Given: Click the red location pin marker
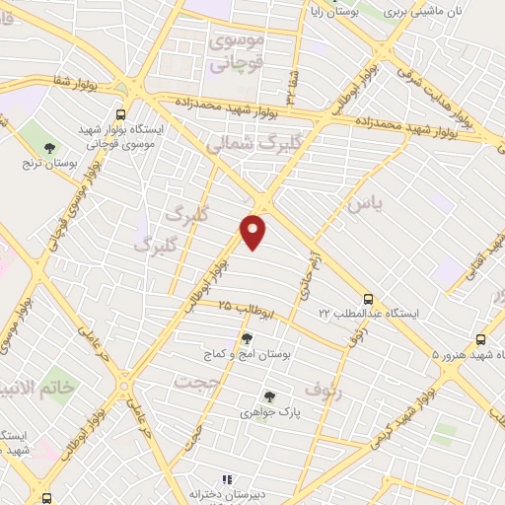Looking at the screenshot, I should [253, 232].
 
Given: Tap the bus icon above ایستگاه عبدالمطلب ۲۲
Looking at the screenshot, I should [368, 298].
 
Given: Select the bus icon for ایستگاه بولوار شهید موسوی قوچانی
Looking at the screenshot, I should [120, 114].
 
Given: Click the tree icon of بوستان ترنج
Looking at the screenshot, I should [49, 149].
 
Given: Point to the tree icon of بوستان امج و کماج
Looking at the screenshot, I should [246, 338].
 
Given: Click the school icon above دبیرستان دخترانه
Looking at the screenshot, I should [226, 480].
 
